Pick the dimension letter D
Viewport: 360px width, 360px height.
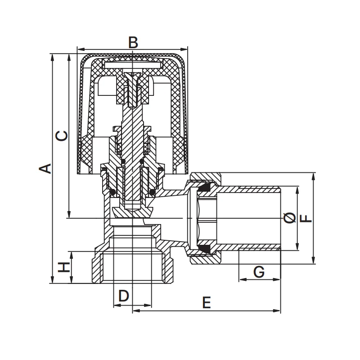(123, 296)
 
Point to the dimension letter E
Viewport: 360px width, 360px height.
(206, 302)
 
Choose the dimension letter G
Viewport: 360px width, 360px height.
(259, 272)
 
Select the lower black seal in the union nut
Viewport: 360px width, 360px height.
(205, 248)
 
